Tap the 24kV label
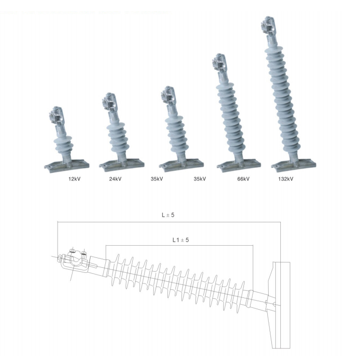[x=115, y=179]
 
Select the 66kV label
[x=243, y=179]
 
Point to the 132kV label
[x=286, y=179]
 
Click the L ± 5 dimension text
[x=168, y=215]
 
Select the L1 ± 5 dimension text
[x=180, y=240]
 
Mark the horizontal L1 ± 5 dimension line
[x=180, y=246]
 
